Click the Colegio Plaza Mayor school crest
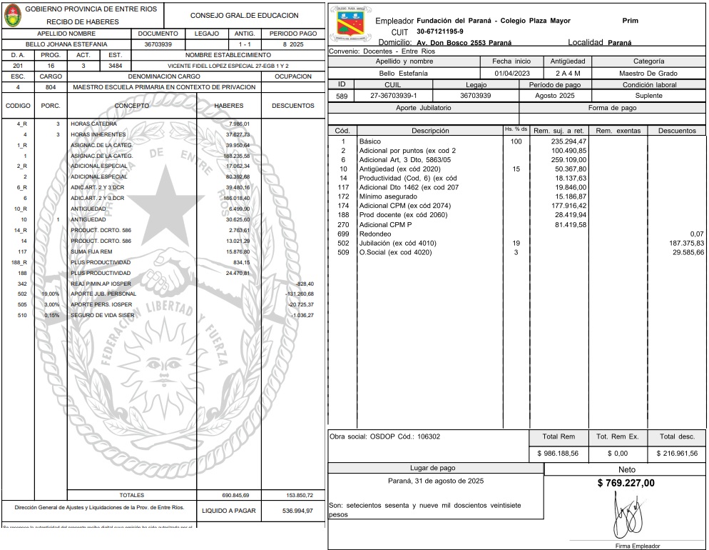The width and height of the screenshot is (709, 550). [350, 24]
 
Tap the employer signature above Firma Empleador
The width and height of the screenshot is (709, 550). [626, 516]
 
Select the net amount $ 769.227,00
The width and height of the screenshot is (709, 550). [626, 484]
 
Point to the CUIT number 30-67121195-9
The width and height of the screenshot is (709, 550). [439, 31]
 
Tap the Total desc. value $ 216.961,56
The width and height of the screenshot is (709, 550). [677, 454]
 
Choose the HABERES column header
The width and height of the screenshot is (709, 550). [229, 106]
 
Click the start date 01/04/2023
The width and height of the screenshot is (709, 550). [512, 74]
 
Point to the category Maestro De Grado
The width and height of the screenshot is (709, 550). [648, 74]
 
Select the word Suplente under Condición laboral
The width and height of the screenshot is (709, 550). [648, 96]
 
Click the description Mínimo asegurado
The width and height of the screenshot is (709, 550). [389, 197]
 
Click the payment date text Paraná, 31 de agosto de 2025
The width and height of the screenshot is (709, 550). [435, 481]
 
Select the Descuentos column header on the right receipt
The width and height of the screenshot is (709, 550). [677, 131]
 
